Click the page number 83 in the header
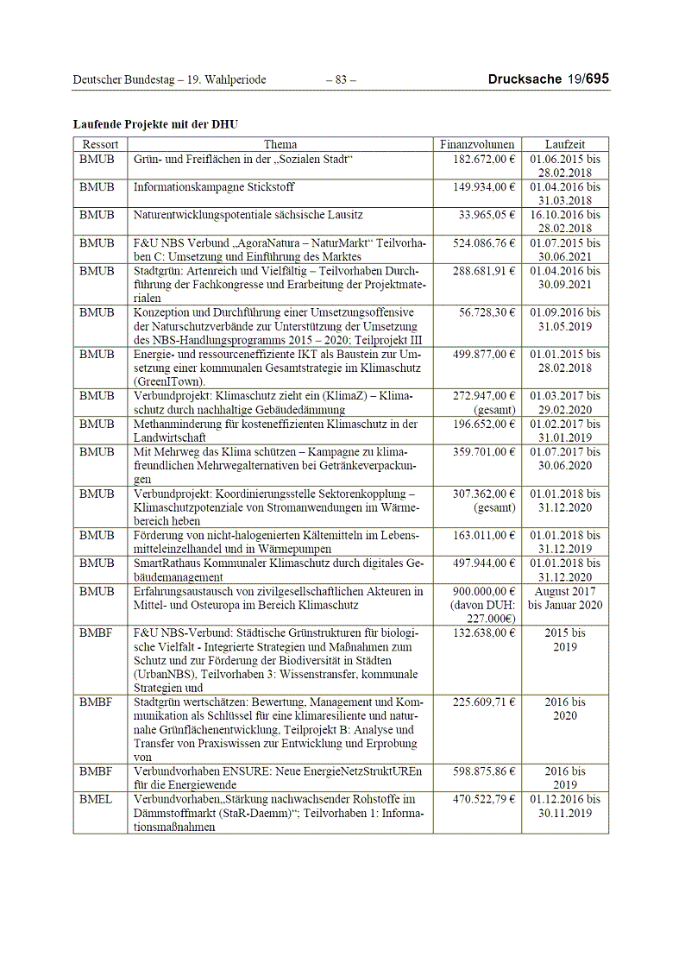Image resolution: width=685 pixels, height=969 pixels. [341, 80]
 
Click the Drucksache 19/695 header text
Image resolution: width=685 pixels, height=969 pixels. [548, 79]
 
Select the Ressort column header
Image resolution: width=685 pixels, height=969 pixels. [100, 145]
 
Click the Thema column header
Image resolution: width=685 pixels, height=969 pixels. [280, 145]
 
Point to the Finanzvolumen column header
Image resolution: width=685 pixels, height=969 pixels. [477, 145]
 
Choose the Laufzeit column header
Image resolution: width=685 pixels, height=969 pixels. [565, 145]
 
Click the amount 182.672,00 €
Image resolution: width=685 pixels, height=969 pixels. [484, 160]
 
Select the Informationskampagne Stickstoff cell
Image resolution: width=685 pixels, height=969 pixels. [213, 187]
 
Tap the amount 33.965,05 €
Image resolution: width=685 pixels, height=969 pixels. [487, 215]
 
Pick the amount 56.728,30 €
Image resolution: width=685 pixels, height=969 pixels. [487, 312]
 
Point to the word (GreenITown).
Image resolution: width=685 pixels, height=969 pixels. [169, 381]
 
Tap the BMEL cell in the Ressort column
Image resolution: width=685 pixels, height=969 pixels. [96, 800]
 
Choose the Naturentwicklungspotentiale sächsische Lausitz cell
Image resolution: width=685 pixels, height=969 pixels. [248, 215]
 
